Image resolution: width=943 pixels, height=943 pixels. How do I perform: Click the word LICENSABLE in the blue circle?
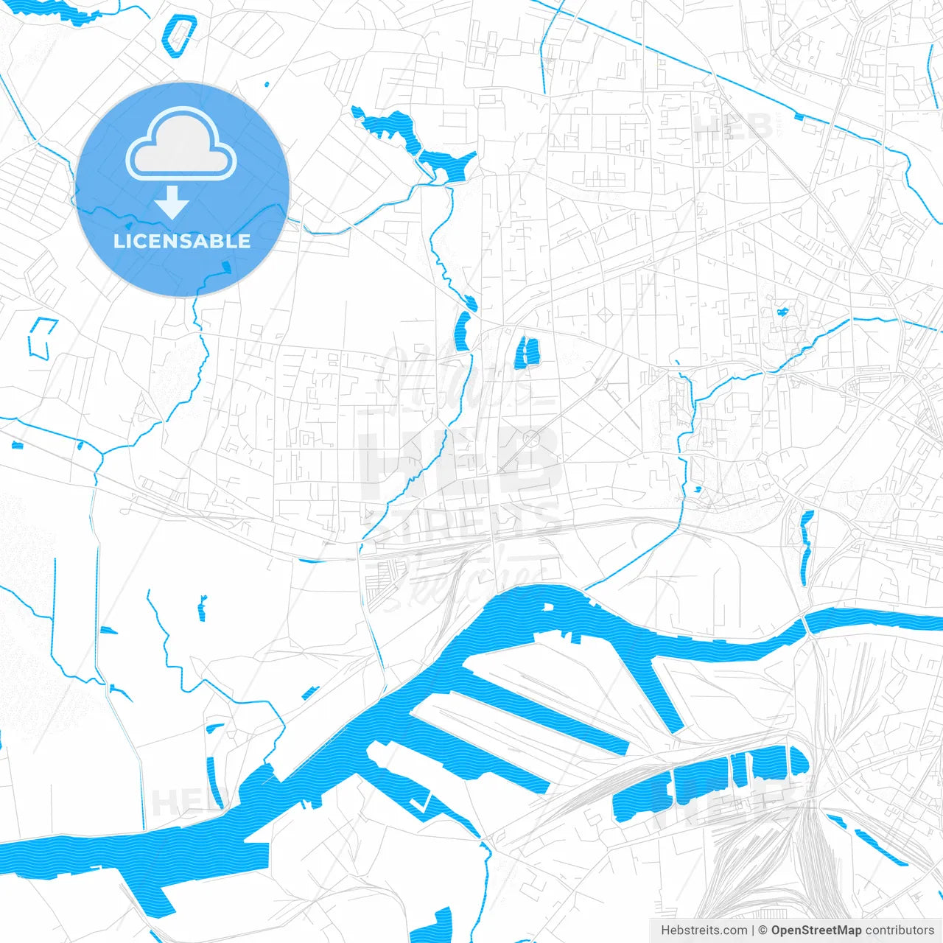point(182,241)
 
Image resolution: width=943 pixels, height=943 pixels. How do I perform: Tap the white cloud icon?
point(181,143)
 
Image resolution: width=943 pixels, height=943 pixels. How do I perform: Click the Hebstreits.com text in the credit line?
point(704,930)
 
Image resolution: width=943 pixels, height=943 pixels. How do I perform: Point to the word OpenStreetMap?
point(816,930)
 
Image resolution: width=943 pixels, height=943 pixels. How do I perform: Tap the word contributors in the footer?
point(900,930)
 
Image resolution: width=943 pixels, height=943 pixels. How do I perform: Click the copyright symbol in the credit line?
point(763,930)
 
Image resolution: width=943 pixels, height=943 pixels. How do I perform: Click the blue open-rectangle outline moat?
point(42,337)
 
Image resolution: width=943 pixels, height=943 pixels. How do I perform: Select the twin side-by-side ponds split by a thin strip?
point(527,352)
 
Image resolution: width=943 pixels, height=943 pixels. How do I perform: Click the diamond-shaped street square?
point(606,315)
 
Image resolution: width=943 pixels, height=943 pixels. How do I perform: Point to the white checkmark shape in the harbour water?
point(421,803)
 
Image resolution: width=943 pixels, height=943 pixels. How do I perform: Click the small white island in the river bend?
point(547,607)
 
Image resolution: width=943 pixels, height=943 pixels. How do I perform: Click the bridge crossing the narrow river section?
point(807,625)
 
